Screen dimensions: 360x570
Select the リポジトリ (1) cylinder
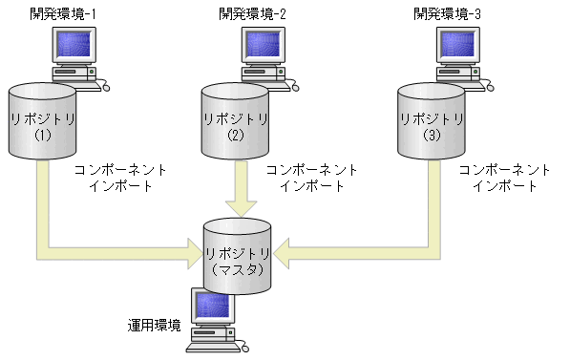[x=42, y=120]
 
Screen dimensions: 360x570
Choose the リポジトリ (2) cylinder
[x=236, y=120]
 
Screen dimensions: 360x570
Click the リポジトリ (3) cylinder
[x=431, y=120]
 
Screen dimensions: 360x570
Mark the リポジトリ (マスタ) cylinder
[x=238, y=253]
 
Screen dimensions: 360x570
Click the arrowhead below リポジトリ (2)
[x=238, y=207]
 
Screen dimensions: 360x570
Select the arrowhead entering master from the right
[x=285, y=254]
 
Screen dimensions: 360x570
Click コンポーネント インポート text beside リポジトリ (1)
[x=120, y=178]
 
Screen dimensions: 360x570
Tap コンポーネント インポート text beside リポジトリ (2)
[x=312, y=178]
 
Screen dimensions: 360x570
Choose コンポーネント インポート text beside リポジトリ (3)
[x=505, y=178]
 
